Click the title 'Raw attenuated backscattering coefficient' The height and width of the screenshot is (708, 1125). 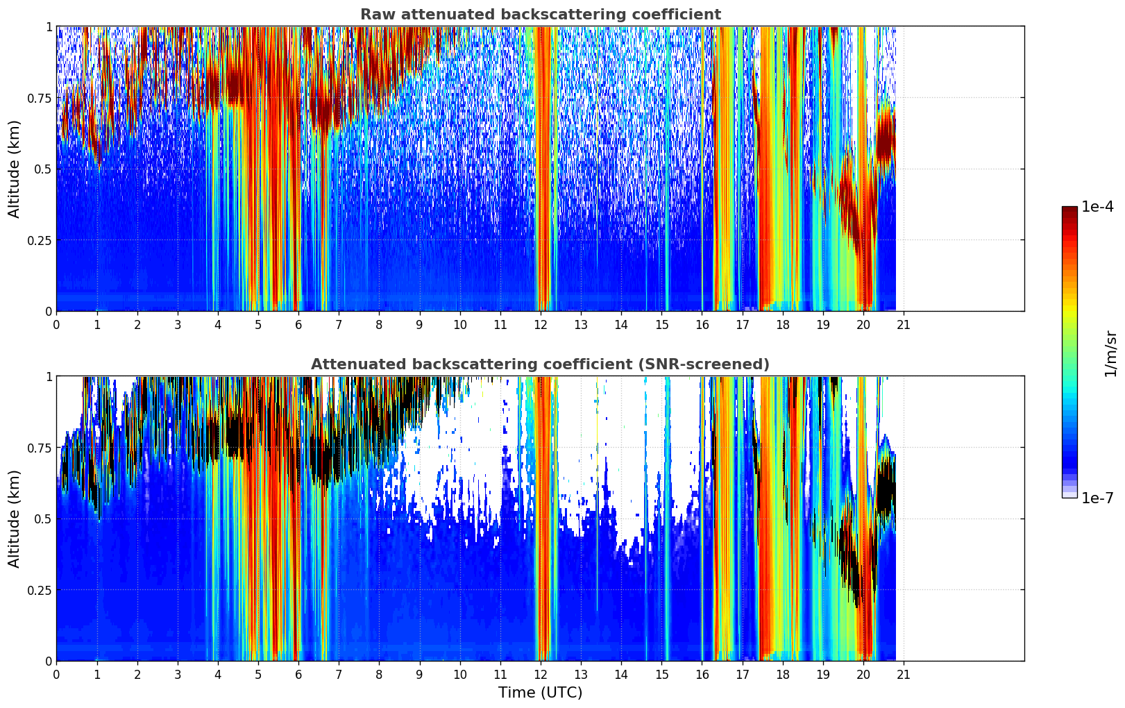tap(540, 15)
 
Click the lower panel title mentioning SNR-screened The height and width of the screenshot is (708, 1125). tap(540, 364)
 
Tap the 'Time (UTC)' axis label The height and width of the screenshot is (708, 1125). tap(540, 693)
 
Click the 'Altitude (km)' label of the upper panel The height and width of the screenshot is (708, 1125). tap(15, 169)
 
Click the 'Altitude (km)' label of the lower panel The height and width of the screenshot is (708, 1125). tap(15, 519)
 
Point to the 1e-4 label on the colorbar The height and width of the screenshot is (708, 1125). tap(1097, 207)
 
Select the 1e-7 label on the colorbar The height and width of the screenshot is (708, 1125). tap(1097, 498)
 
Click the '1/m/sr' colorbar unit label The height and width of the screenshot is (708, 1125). tap(1110, 353)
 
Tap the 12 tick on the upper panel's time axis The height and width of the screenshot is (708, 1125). tap(541, 325)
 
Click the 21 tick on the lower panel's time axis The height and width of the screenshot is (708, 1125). tap(904, 675)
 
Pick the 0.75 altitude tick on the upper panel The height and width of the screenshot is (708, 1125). tap(40, 98)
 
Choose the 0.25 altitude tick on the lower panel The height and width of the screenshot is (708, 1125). tap(40, 590)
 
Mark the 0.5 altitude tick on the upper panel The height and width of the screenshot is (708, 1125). tap(44, 169)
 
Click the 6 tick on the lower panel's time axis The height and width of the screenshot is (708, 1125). tap(298, 675)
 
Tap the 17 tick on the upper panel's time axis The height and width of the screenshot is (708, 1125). tap(743, 325)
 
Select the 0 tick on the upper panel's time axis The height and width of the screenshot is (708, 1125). tap(57, 325)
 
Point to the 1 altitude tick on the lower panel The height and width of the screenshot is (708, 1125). tap(49, 376)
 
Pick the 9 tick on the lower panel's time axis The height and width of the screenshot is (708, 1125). tap(419, 675)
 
